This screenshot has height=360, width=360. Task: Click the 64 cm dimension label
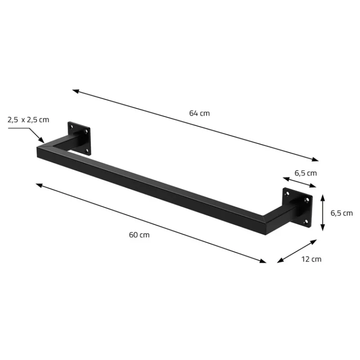point(199,113)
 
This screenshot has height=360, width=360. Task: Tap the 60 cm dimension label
point(139,234)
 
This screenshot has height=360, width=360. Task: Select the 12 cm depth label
point(312,259)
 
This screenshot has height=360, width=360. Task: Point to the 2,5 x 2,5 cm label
point(28,120)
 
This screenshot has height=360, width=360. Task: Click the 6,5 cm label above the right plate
point(306,173)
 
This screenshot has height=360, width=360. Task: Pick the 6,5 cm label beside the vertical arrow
point(342,213)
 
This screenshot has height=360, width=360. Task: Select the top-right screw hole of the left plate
point(86,131)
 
